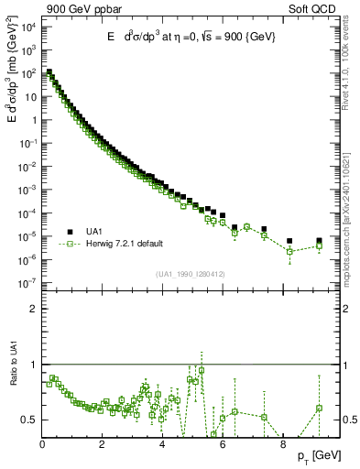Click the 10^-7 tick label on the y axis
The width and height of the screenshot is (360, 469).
(x=28, y=283)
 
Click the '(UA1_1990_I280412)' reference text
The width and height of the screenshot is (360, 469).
(x=191, y=274)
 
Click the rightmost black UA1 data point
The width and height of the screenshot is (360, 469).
(x=319, y=241)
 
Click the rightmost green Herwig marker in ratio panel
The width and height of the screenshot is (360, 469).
(x=319, y=408)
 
